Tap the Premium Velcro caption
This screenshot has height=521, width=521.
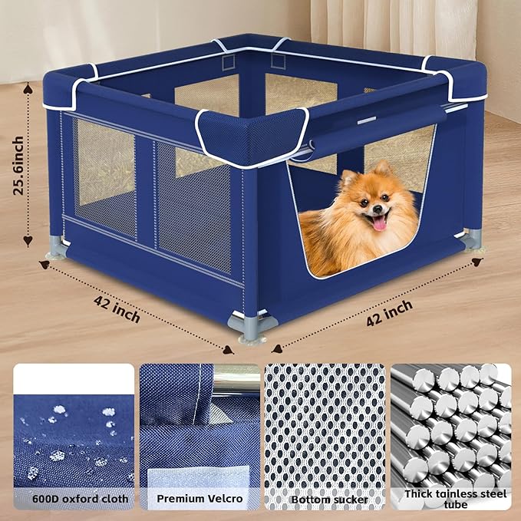point(199,498)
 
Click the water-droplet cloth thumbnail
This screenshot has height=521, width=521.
point(73,430)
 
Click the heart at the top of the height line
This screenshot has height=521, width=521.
point(28,87)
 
